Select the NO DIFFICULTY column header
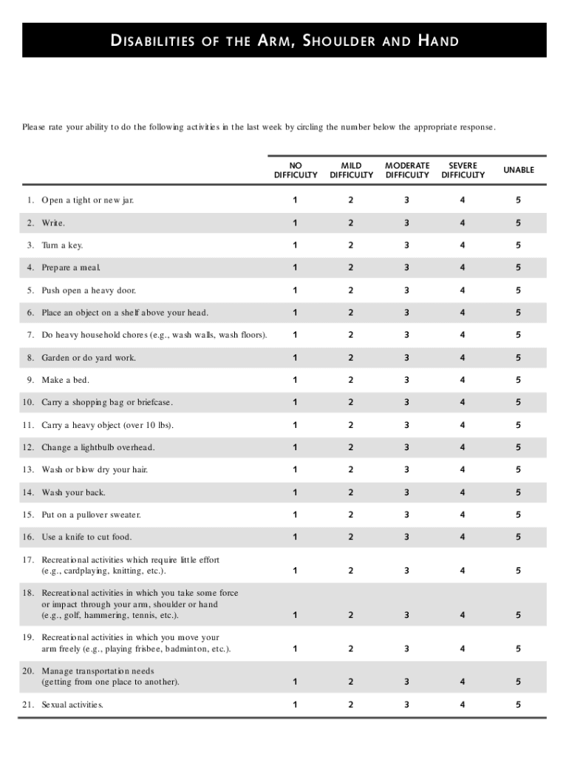[296, 170]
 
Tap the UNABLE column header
[519, 170]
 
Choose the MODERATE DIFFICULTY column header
[407, 170]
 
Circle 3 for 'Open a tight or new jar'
[406, 200]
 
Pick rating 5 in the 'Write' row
[519, 223]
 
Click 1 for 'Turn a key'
[295, 245]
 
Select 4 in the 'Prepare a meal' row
[463, 268]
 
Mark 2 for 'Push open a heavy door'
[351, 291]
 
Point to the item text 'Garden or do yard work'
[89, 358]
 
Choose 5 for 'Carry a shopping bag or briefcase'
[519, 402]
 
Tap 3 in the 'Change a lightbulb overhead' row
[406, 447]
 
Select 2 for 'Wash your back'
[351, 492]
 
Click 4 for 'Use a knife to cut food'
[463, 537]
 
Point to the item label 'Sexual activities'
[72, 705]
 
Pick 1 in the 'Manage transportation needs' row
[295, 682]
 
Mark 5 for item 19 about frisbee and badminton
[519, 648]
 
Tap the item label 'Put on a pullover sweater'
[91, 515]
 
